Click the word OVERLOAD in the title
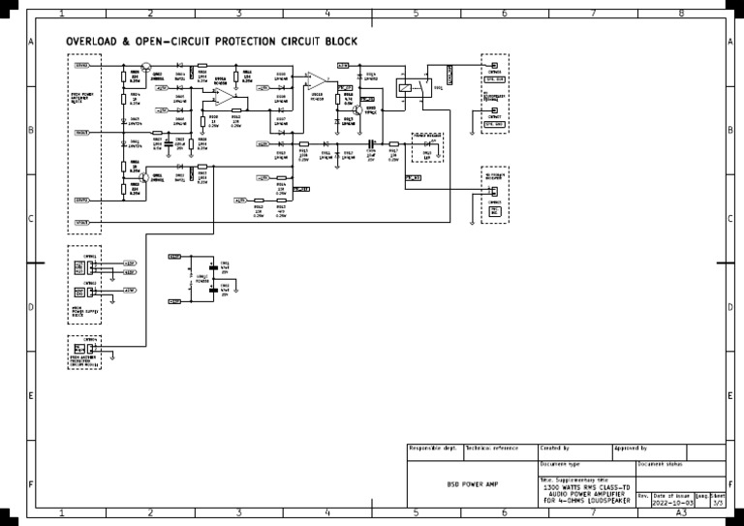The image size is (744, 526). click(92, 43)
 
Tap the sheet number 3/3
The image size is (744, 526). click(718, 504)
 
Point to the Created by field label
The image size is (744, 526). click(555, 449)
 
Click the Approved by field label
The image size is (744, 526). click(631, 449)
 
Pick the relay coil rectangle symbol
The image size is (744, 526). click(402, 86)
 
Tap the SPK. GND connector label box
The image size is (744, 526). click(494, 124)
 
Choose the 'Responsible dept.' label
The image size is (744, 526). click(433, 449)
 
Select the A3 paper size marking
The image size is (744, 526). click(682, 514)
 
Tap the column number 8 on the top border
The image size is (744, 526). click(681, 14)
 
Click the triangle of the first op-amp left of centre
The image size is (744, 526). click(222, 98)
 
